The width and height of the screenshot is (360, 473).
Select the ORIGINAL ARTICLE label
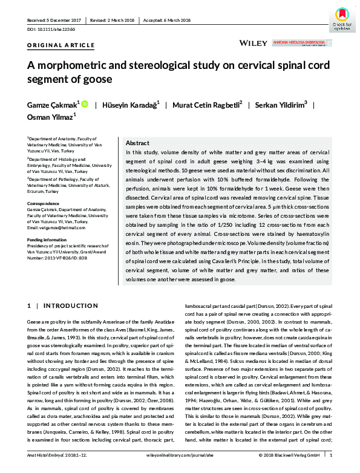pos(61,45)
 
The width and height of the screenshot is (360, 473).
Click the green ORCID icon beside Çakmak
pos(85,103)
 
